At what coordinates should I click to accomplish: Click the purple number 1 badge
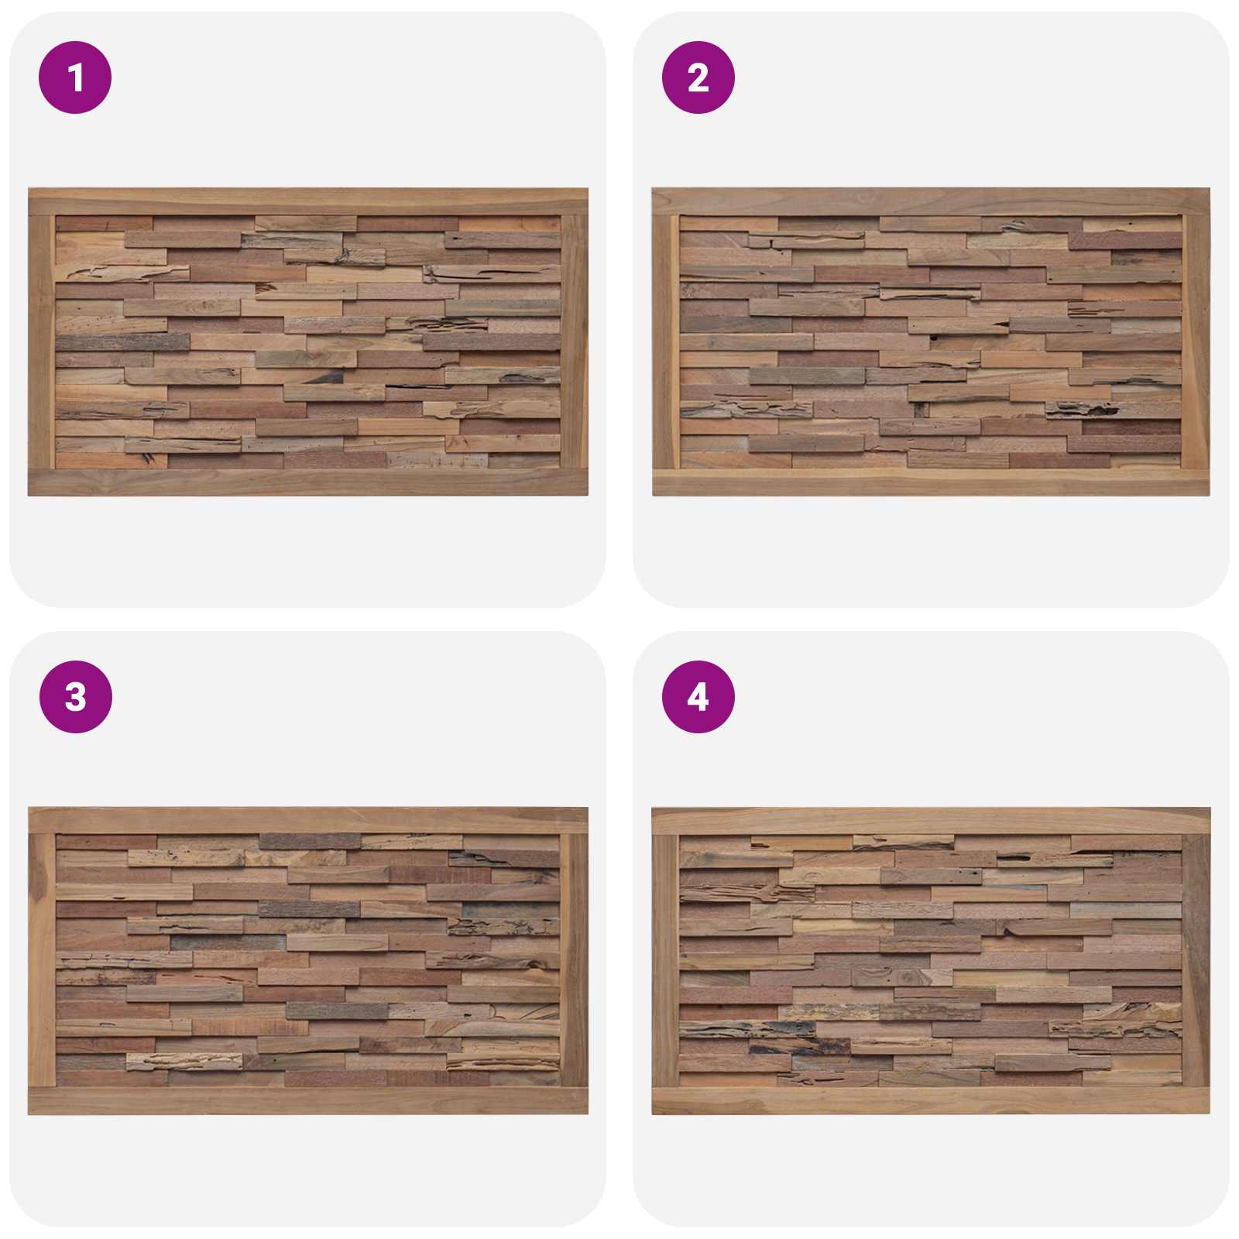click(75, 77)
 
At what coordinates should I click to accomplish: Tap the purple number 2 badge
click(698, 77)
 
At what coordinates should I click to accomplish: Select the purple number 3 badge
click(75, 697)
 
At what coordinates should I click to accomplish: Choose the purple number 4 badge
click(698, 697)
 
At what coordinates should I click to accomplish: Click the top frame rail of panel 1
click(308, 201)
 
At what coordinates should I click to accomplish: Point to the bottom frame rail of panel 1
click(308, 482)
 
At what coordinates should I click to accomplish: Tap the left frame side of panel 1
click(42, 341)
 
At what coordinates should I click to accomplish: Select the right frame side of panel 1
click(574, 341)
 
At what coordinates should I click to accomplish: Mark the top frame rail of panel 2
click(931, 201)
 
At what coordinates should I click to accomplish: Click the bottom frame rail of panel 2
click(931, 482)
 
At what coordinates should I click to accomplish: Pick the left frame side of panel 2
click(666, 341)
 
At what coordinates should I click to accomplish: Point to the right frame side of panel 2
click(1196, 341)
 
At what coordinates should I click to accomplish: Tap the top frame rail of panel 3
click(308, 821)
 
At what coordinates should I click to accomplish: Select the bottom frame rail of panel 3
click(308, 1102)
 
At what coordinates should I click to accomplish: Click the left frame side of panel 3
click(42, 961)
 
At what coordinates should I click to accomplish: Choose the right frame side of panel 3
click(574, 961)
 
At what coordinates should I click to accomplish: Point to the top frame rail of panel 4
click(931, 821)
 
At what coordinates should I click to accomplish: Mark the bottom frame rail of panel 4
click(931, 1102)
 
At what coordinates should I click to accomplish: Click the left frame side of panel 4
click(666, 961)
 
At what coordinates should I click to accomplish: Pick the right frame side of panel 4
click(1196, 961)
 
